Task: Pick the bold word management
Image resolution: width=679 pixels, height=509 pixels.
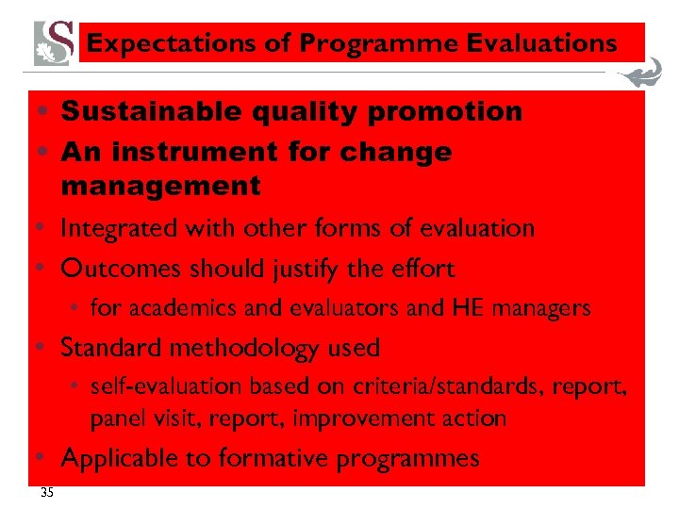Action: coord(160,187)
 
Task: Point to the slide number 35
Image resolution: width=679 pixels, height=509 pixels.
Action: coord(47,493)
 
